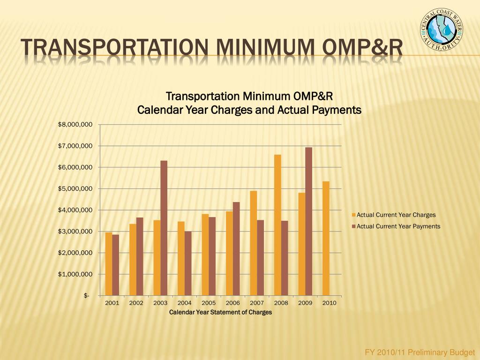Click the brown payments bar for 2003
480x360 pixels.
coord(164,228)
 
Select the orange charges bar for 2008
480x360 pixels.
coord(277,225)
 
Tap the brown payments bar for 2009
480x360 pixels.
coord(309,222)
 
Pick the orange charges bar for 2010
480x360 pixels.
coord(326,239)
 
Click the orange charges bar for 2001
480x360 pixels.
coord(109,264)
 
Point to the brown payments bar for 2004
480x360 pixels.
coord(188,263)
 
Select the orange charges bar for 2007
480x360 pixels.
coord(254,243)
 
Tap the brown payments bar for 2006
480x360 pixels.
coord(236,249)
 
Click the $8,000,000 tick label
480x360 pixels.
coord(75,125)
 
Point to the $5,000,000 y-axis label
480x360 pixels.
coord(75,188)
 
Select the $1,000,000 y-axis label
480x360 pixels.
coord(75,274)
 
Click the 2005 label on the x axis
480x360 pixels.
coord(209,303)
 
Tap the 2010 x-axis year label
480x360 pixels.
coord(329,303)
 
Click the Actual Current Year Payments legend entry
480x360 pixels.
coord(396,226)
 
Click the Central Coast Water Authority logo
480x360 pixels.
coord(442,30)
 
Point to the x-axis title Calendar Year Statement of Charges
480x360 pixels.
coord(220,312)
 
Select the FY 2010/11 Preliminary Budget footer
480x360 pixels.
coord(420,352)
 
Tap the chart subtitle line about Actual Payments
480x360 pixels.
coord(249,110)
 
